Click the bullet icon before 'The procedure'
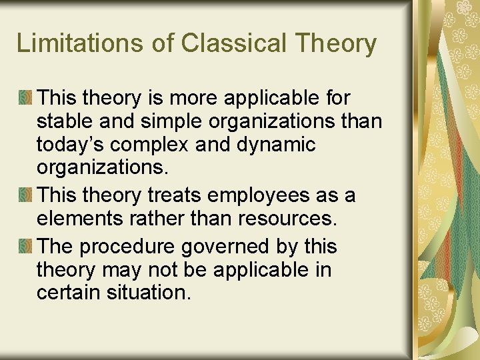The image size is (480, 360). [x=25, y=246]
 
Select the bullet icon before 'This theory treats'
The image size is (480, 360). [x=25, y=195]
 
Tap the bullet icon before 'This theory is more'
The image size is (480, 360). [x=25, y=98]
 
